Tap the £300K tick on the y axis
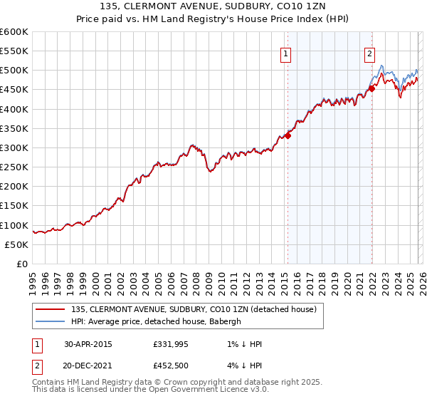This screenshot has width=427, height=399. (x=14, y=148)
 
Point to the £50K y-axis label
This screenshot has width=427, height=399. (x=16, y=244)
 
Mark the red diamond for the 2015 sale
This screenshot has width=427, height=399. (x=288, y=135)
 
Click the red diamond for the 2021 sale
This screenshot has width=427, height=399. (x=371, y=88)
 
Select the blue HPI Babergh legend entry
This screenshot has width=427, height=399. (x=157, y=321)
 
